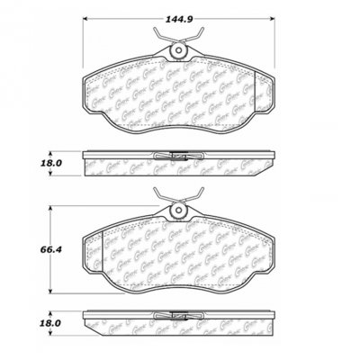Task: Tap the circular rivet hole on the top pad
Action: [x=180, y=59]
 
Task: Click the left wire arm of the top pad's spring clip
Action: [x=163, y=40]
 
